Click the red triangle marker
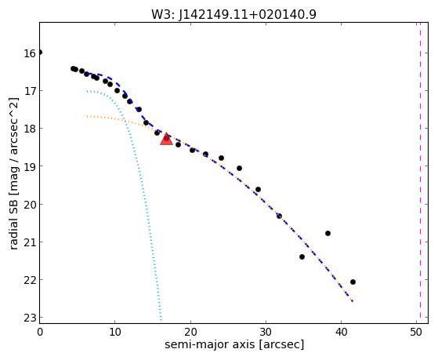click(x=166, y=139)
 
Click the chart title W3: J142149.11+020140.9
click(x=233, y=15)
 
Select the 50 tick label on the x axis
click(x=416, y=333)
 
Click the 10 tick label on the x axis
click(x=115, y=333)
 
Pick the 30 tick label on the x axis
click(x=266, y=333)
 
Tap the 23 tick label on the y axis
click(x=30, y=318)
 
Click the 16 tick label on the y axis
click(x=30, y=53)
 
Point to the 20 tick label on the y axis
click(x=30, y=205)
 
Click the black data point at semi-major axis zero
click(x=40, y=53)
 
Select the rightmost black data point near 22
click(x=353, y=282)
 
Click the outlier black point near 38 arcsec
click(x=328, y=233)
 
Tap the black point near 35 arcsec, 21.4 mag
click(x=302, y=256)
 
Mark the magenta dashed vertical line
click(x=420, y=173)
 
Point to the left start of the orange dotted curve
click(x=87, y=116)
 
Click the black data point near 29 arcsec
click(x=258, y=190)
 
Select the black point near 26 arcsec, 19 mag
click(x=240, y=168)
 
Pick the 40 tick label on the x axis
click(x=341, y=333)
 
